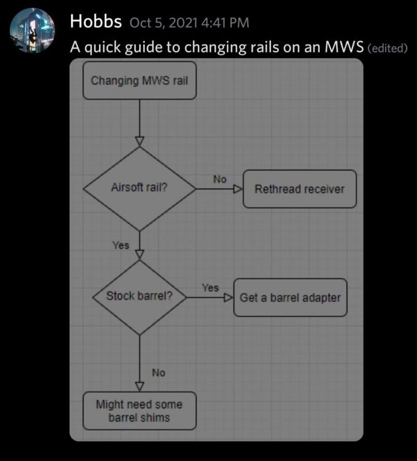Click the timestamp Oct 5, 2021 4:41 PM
(189, 23)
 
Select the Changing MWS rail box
(139, 81)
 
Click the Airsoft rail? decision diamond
(139, 189)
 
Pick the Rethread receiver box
(300, 189)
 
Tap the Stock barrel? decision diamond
(139, 297)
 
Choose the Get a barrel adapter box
(290, 297)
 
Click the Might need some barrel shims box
(139, 411)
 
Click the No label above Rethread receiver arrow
(220, 179)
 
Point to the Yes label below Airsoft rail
(121, 245)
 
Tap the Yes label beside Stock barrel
(210, 287)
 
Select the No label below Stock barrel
(158, 372)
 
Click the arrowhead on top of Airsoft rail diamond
(139, 141)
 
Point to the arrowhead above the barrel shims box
(139, 386)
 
